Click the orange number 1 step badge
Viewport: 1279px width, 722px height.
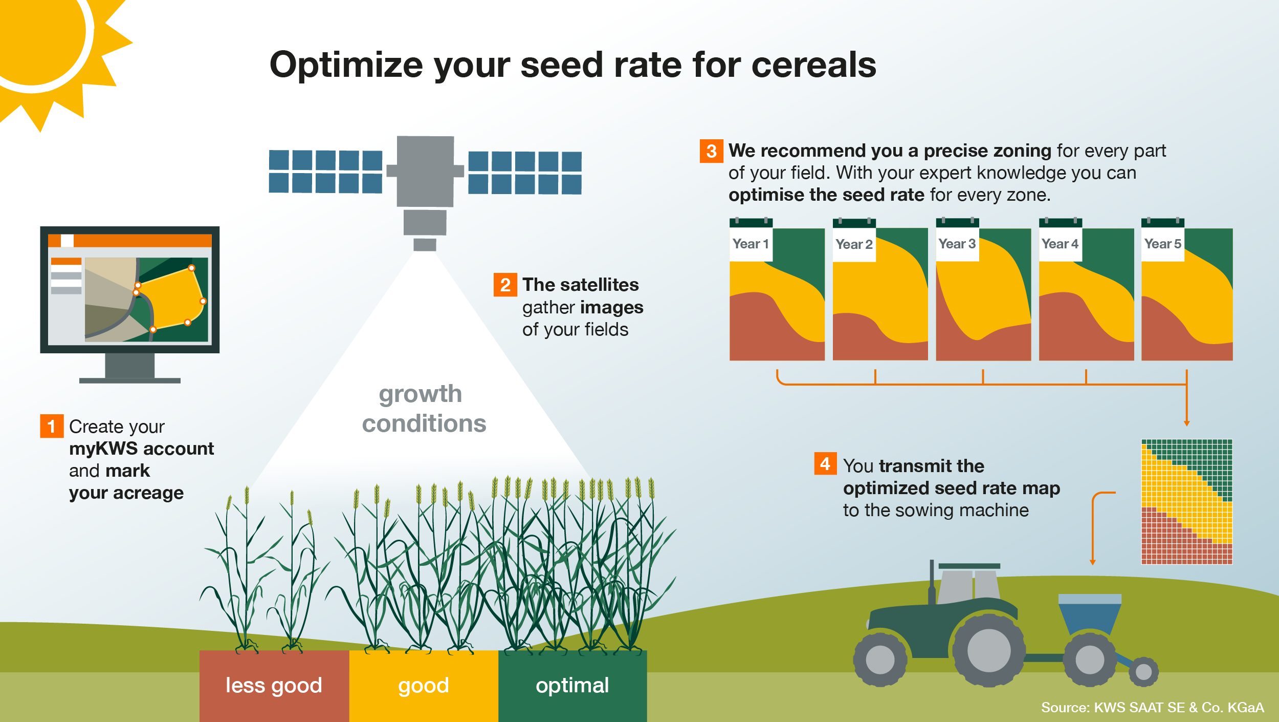[x=52, y=426]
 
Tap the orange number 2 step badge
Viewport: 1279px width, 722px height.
[x=505, y=285]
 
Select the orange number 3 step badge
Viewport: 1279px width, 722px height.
[x=711, y=151]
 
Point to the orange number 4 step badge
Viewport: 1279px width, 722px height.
[x=825, y=463]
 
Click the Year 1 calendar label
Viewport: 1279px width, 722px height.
[x=751, y=244]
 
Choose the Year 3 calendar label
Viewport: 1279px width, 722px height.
[x=957, y=244]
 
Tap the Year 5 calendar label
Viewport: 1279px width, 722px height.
[x=1162, y=244]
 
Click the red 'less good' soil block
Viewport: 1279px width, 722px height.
[x=274, y=686]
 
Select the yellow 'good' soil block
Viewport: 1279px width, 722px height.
[x=424, y=686]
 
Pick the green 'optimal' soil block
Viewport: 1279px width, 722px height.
[x=572, y=686]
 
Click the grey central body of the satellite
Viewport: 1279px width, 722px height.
[x=425, y=171]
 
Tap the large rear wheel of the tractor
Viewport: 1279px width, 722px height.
[x=988, y=650]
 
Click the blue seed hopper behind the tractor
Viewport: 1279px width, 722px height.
[x=1090, y=614]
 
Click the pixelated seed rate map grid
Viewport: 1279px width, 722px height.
[x=1187, y=502]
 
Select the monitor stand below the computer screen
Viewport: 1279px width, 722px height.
[x=130, y=368]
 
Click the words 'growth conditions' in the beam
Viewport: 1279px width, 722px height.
[x=424, y=409]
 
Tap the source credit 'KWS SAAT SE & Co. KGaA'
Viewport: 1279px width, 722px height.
[x=1179, y=708]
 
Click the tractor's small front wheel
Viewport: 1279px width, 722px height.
[x=880, y=660]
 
